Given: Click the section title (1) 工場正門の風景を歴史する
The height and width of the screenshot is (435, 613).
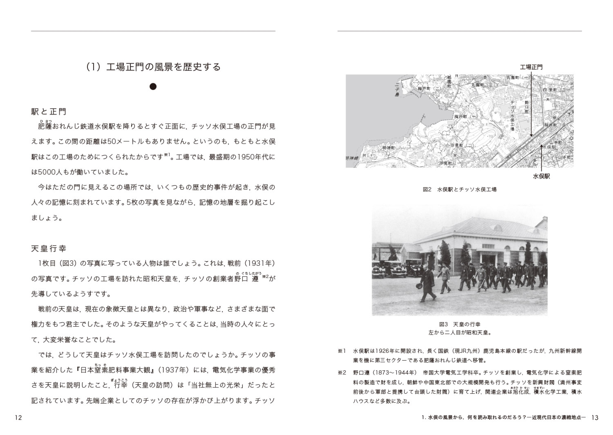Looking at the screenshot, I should tap(153, 67).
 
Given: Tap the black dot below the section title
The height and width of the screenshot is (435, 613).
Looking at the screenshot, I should tap(153, 87).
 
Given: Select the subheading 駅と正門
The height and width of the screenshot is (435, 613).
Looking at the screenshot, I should tap(49, 111).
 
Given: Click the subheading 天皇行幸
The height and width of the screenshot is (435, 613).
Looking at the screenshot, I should tap(49, 248).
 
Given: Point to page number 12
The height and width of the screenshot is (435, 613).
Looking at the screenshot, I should tap(18, 418).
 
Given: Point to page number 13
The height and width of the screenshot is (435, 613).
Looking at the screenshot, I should tap(595, 418).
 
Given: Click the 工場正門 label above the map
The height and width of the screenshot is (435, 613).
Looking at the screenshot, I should tap(531, 67).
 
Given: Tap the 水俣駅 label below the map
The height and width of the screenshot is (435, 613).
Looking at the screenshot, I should tap(541, 177).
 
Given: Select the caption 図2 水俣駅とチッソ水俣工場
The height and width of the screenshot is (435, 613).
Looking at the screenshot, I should tap(459, 189).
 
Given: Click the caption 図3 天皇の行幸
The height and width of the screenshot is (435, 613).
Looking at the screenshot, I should tap(459, 324).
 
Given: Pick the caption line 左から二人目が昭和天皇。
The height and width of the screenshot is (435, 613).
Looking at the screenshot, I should tap(459, 332).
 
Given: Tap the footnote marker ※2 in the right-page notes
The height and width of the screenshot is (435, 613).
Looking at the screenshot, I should tap(342, 373).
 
